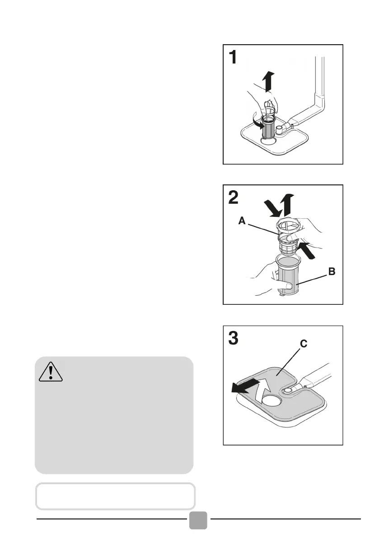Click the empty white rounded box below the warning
[115, 496]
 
